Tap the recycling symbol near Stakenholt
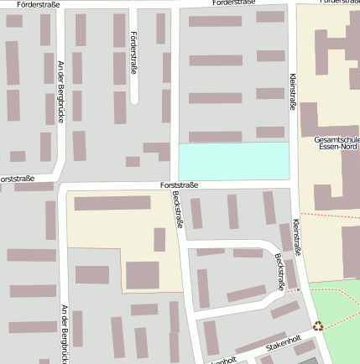(x=318, y=326)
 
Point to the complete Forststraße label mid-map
(x=180, y=185)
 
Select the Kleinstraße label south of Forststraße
(x=296, y=237)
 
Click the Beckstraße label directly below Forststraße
(x=177, y=210)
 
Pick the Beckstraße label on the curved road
(x=279, y=272)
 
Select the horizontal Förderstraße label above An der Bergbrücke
(x=37, y=4)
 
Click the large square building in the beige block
(x=142, y=274)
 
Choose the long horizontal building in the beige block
(x=112, y=203)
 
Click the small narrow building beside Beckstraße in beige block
(x=159, y=240)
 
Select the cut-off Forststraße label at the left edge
(x=17, y=179)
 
